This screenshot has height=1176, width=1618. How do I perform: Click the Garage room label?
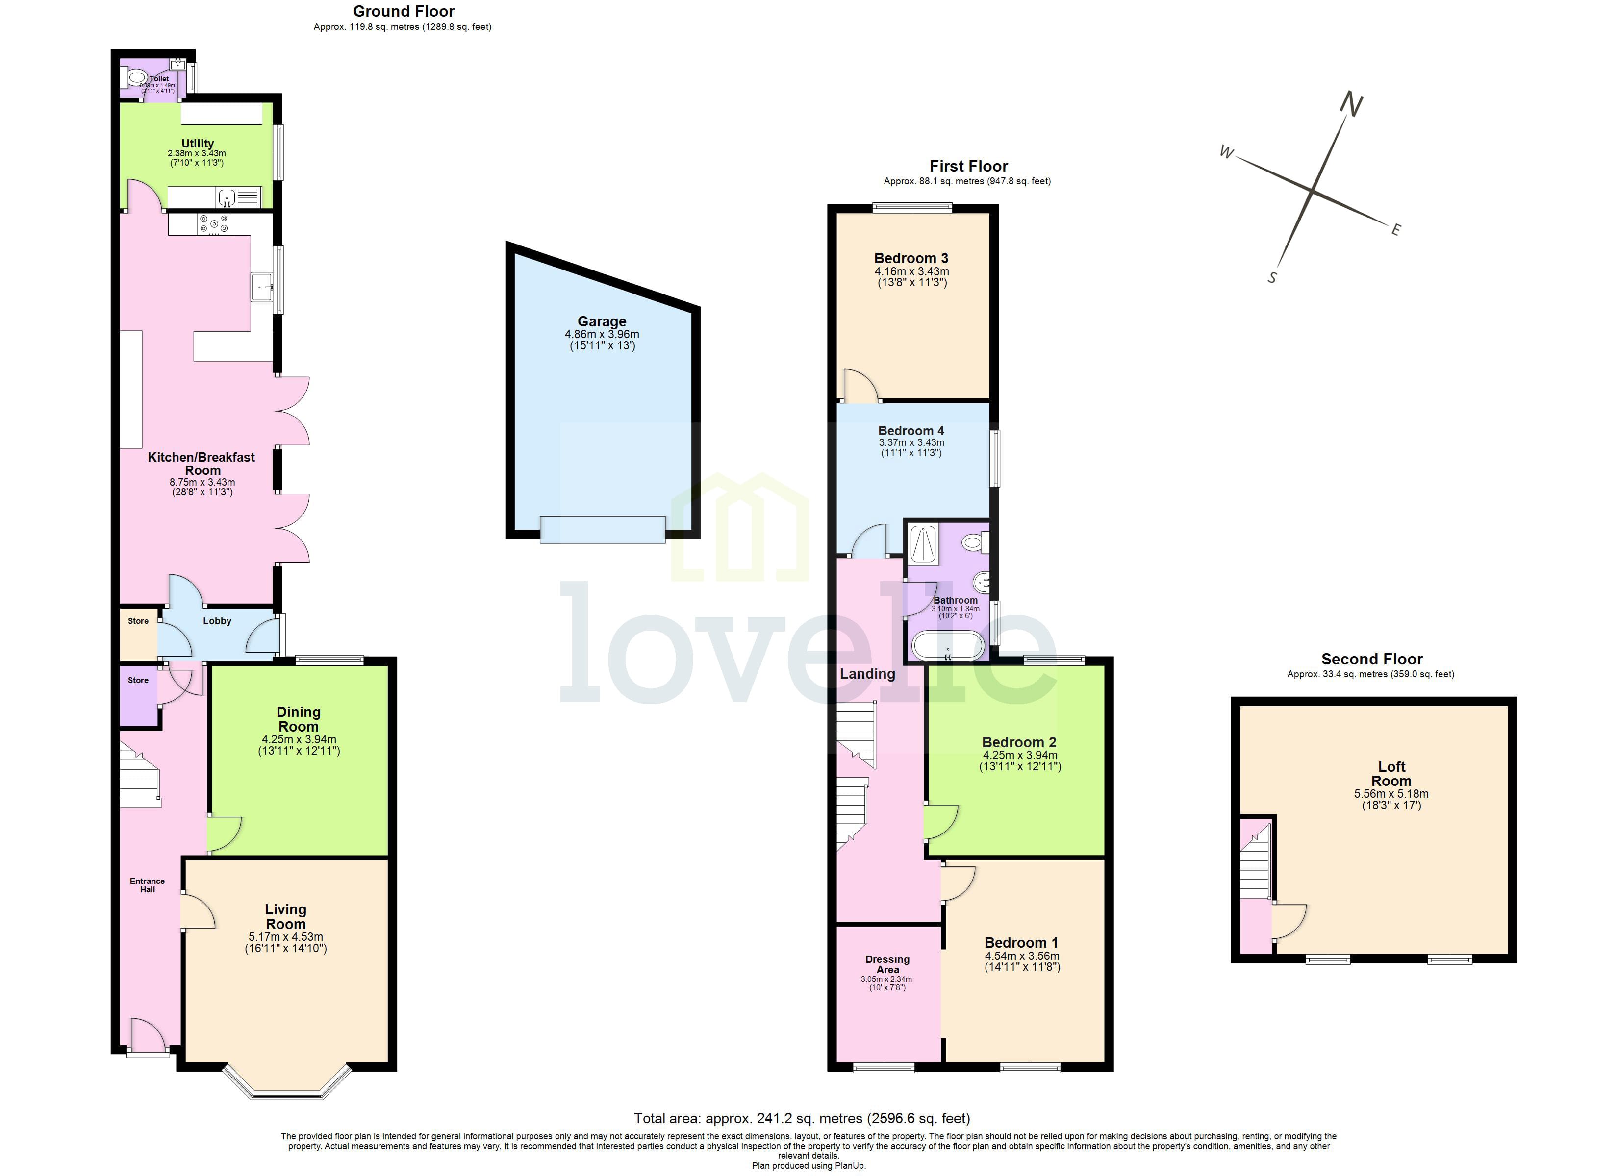[x=602, y=321]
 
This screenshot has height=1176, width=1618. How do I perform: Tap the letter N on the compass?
[x=1350, y=105]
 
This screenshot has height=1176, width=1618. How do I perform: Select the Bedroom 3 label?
[x=911, y=258]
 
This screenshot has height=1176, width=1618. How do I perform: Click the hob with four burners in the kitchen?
[x=214, y=224]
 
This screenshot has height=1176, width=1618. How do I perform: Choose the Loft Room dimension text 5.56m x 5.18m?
[x=1390, y=794]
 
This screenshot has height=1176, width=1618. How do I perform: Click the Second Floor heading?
[x=1371, y=659]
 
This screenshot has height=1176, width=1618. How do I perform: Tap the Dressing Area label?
[x=887, y=964]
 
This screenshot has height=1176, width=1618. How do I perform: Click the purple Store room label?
[x=138, y=680]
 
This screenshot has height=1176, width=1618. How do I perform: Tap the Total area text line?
[x=802, y=1118]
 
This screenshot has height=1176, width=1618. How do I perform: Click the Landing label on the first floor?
[x=867, y=674]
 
